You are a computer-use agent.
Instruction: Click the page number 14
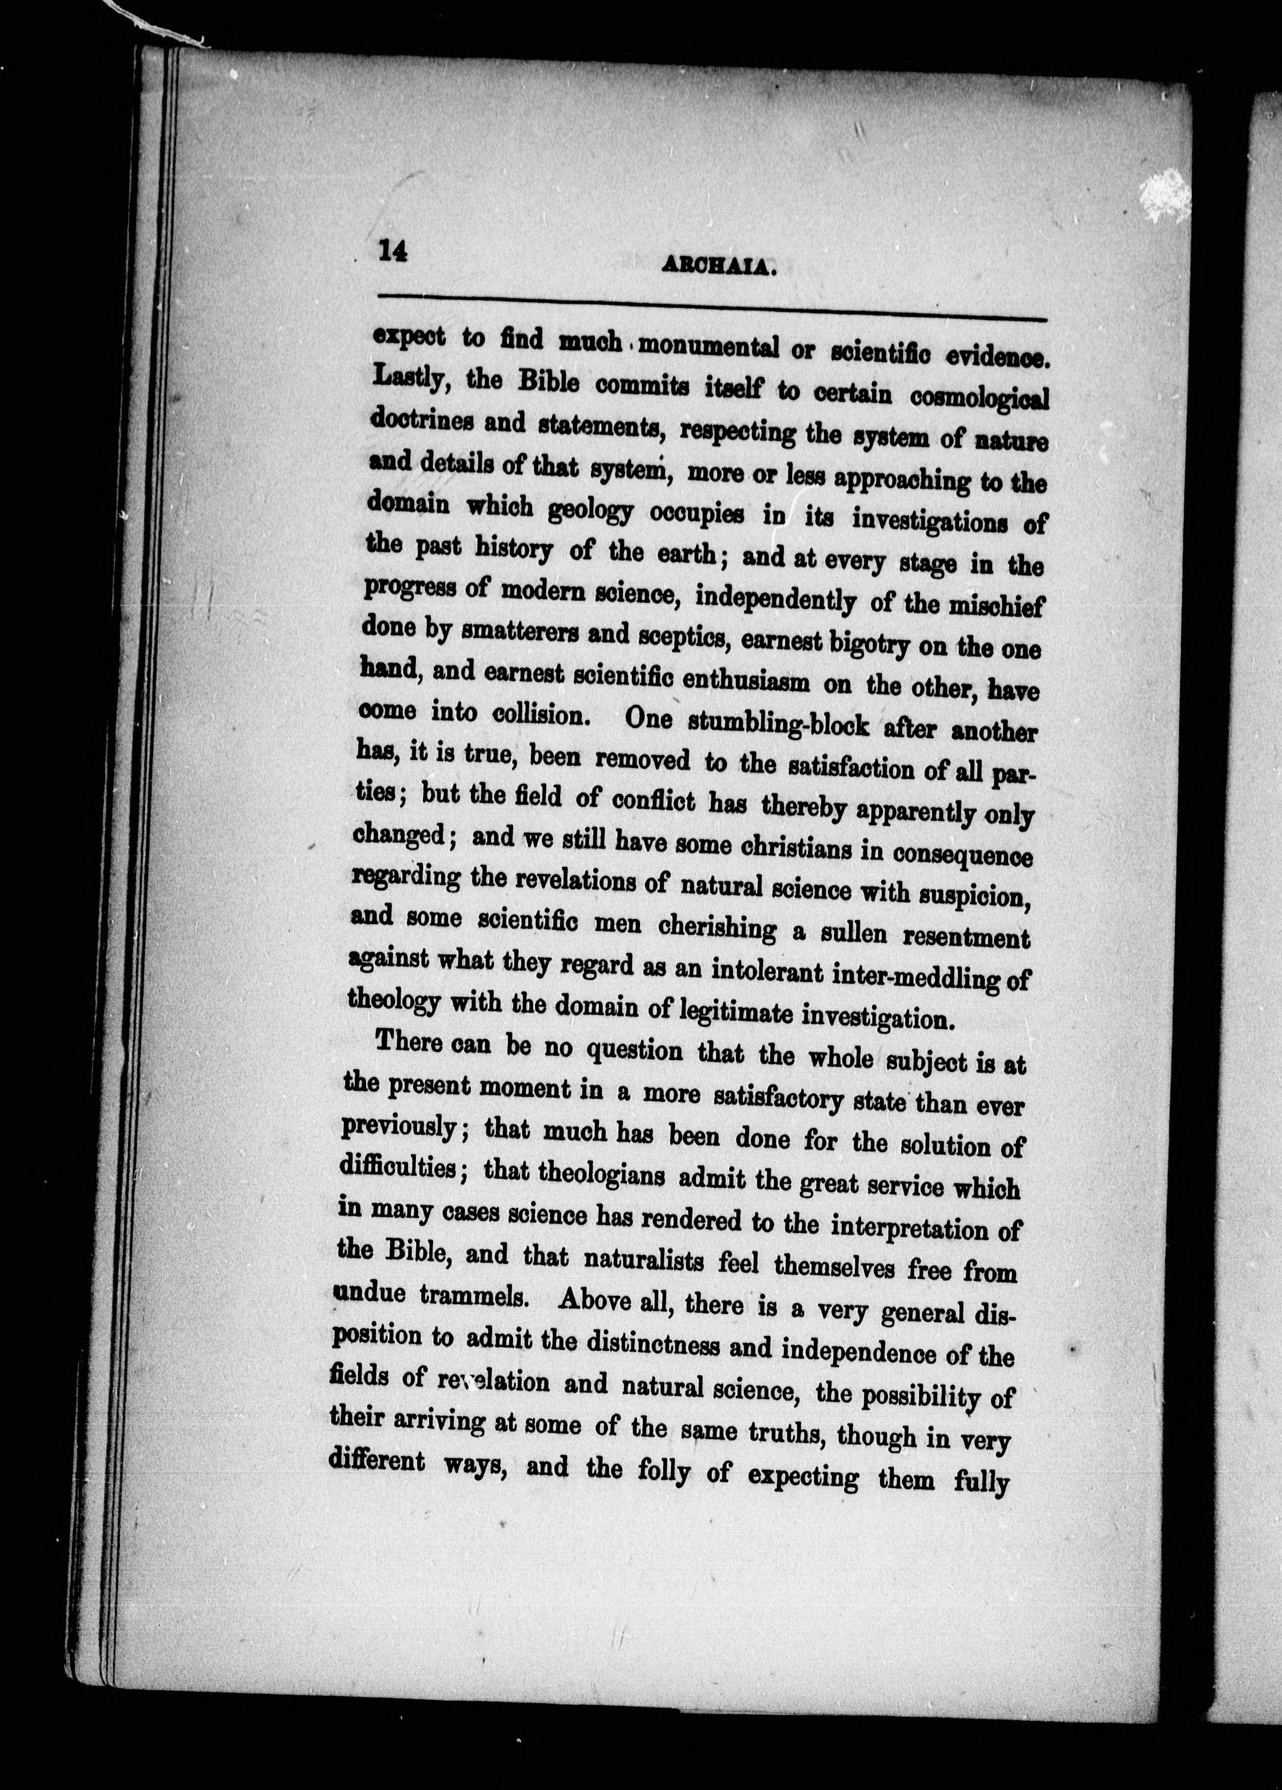click(392, 251)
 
